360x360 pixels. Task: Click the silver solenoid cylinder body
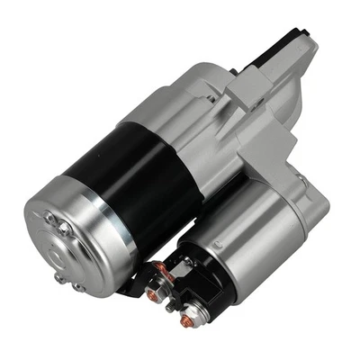tap(261, 243)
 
